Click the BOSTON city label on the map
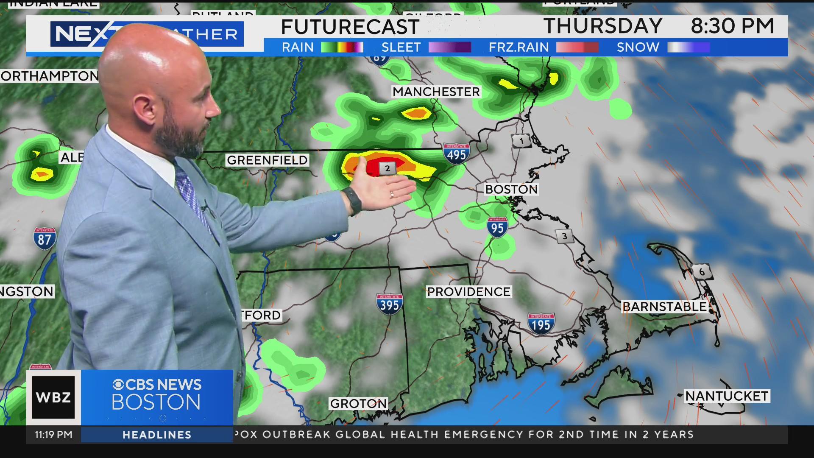click(511, 189)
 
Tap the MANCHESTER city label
click(436, 92)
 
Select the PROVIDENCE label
click(468, 292)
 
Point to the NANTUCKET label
click(727, 396)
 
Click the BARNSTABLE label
click(664, 307)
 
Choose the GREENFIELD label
click(267, 160)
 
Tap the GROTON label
click(359, 404)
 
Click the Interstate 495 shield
click(456, 154)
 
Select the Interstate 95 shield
click(497, 228)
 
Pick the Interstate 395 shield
click(389, 304)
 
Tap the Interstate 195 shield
click(541, 324)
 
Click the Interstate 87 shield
click(45, 239)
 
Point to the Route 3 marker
click(564, 237)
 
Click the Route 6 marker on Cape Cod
click(702, 271)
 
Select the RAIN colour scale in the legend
click(342, 47)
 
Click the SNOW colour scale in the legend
click(689, 47)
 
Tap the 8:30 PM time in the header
click(732, 26)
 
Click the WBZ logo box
click(53, 397)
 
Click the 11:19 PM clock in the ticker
click(54, 435)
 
